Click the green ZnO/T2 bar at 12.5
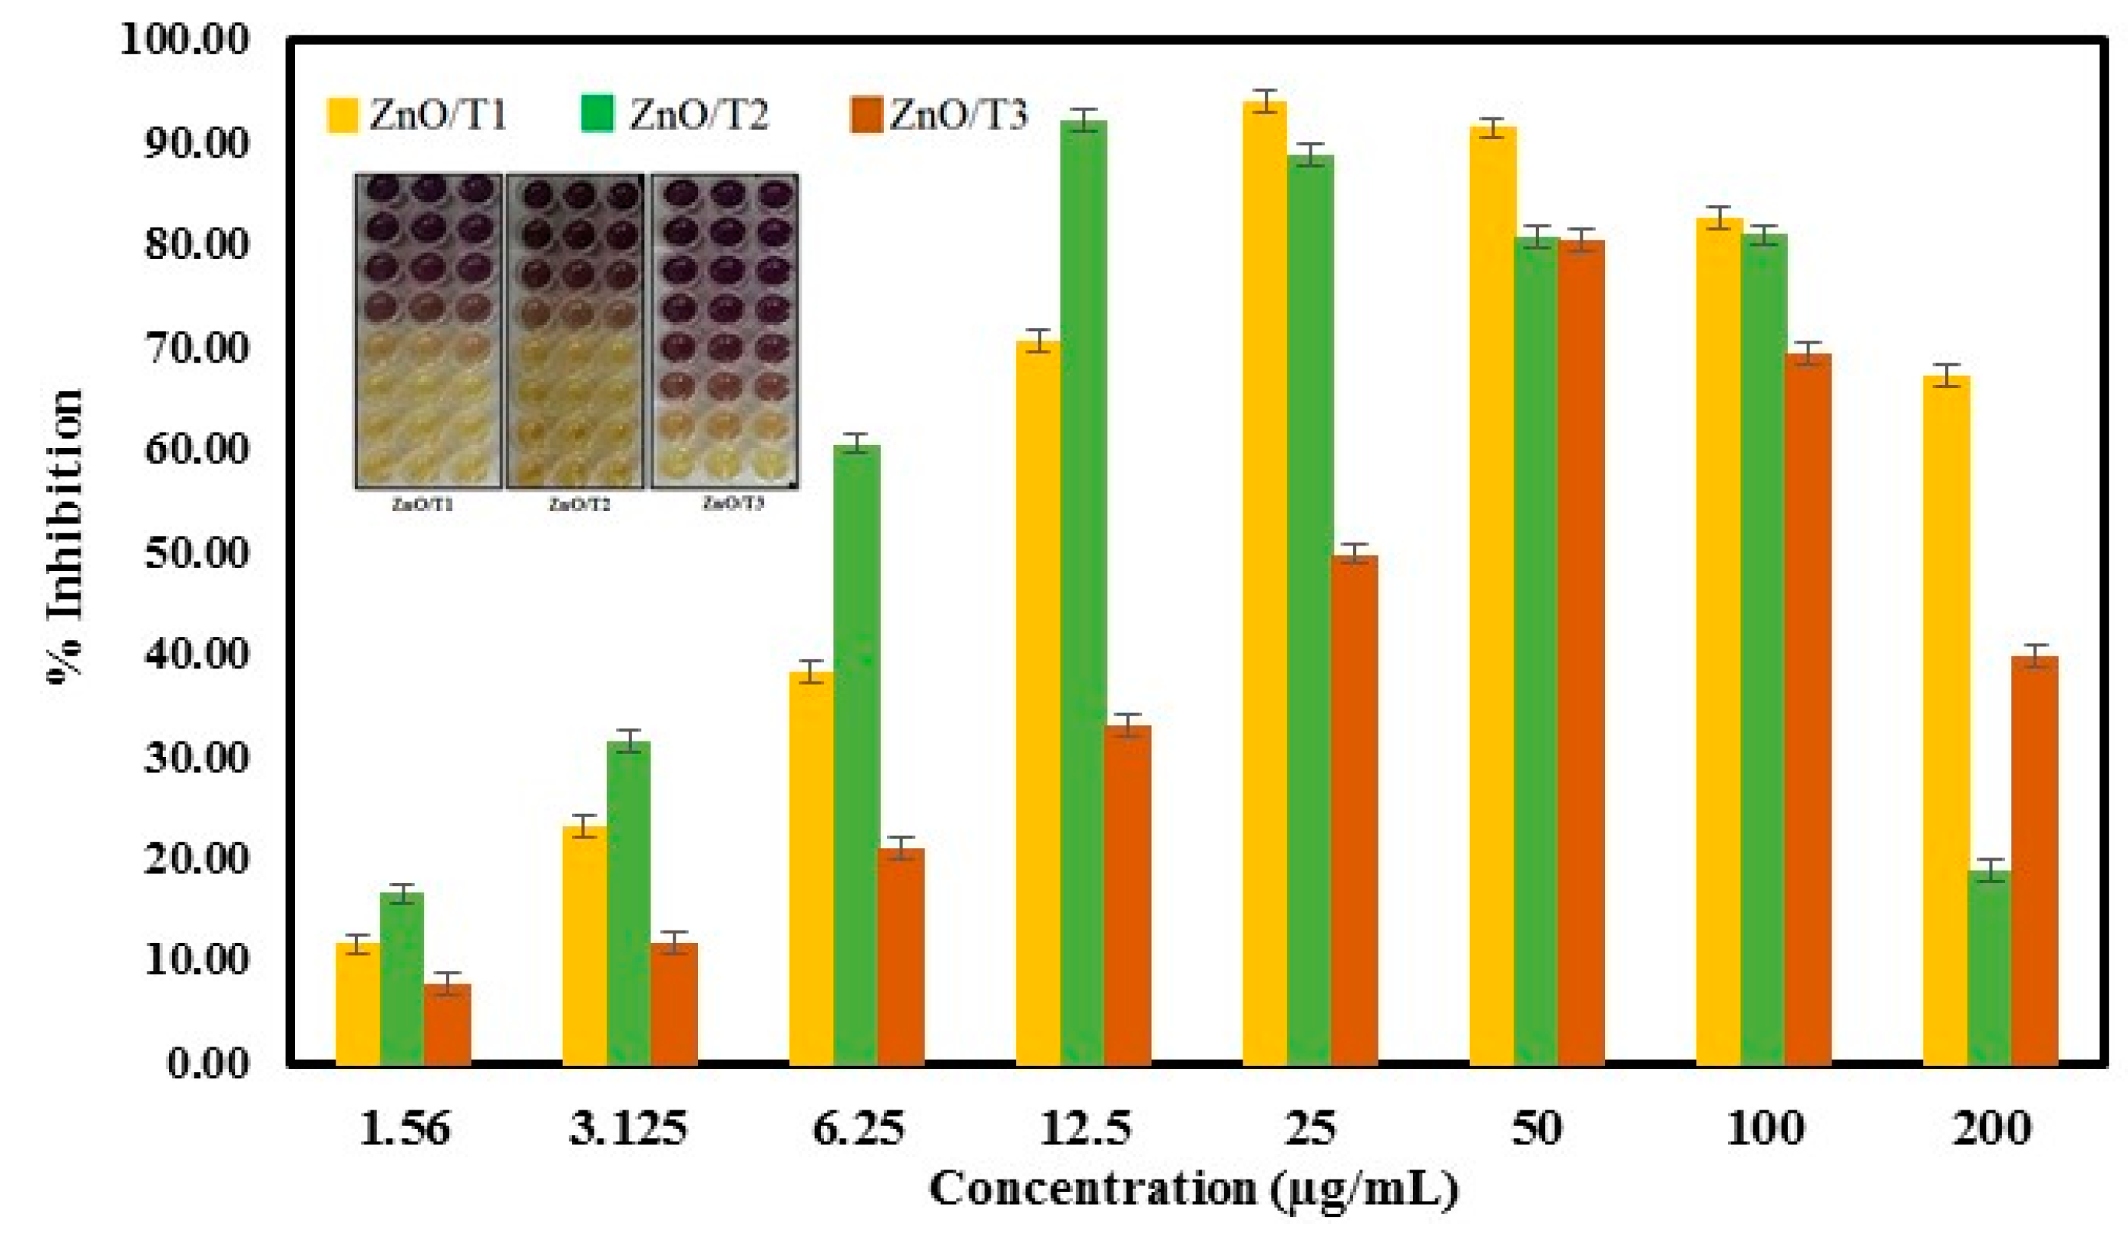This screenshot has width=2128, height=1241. point(1084,592)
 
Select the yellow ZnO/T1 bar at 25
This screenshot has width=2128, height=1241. point(1264,583)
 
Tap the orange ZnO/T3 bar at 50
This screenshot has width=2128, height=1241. point(1580,651)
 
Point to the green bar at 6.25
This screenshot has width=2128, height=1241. point(856,752)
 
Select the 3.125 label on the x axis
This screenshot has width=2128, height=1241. point(627,1130)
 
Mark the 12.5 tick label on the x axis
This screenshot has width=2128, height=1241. point(1084,1130)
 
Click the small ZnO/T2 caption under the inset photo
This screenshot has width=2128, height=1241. point(579,505)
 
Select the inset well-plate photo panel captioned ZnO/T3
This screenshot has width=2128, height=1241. point(724,331)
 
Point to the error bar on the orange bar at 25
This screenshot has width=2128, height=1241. point(1354,552)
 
